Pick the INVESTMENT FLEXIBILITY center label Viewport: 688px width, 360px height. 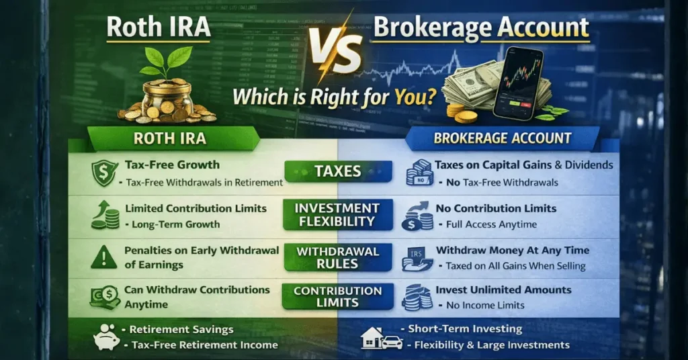coord(337,214)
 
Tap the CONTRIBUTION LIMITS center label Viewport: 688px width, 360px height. coord(337,297)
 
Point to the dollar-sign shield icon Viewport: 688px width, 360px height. coord(105,173)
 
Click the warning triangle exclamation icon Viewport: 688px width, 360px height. coord(104,257)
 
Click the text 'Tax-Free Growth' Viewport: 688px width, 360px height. coord(172,165)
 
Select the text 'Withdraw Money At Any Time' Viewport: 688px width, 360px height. coord(512,250)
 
